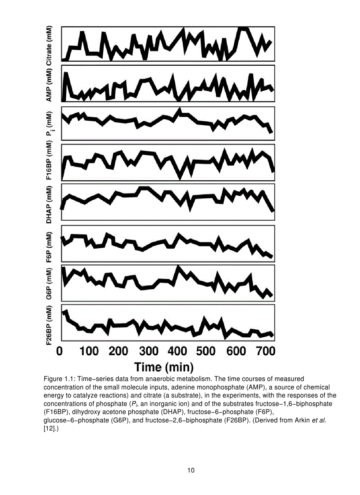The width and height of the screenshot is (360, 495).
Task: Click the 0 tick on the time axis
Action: point(60,351)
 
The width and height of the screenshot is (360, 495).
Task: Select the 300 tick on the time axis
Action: point(149,351)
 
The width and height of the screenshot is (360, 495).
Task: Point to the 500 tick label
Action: point(206,351)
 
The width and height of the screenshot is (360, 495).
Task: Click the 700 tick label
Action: point(266,351)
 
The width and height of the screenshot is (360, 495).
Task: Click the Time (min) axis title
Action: point(164,367)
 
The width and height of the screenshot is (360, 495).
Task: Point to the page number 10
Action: point(191,470)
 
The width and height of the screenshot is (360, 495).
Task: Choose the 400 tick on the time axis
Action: point(178,351)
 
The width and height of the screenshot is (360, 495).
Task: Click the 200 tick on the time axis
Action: point(119,351)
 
